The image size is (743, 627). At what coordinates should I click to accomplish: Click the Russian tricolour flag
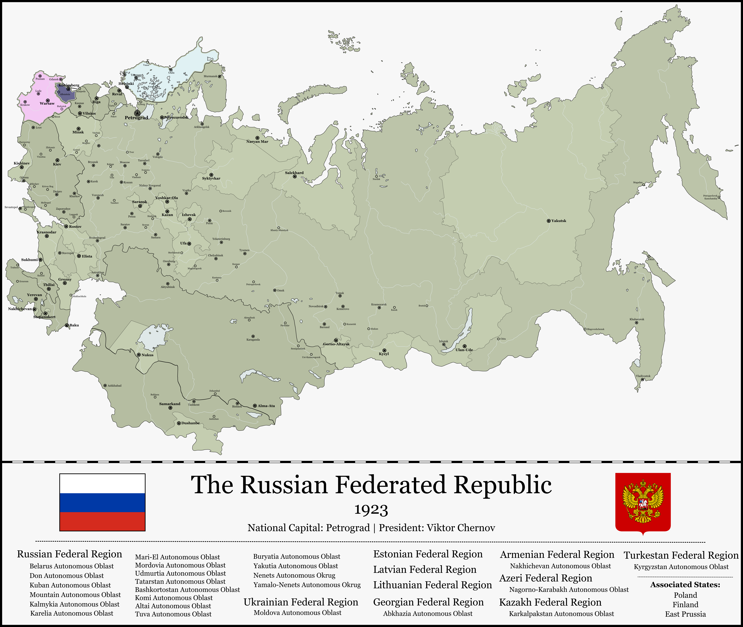102,502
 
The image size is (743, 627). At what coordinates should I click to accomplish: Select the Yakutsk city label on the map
559,221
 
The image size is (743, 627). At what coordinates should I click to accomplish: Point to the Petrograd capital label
136,118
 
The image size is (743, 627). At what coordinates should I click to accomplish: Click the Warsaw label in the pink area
47,103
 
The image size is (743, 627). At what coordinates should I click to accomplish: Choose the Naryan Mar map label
257,142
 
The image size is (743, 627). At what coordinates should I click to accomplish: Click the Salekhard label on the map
294,173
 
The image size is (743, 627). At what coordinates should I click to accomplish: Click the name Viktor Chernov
461,528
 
